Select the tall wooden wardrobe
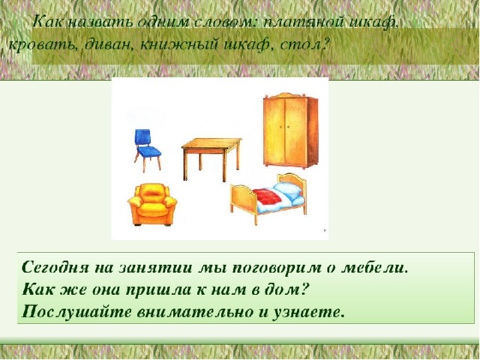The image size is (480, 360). [x=290, y=130]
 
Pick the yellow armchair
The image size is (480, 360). [x=152, y=205]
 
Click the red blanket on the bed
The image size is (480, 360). [x=267, y=196]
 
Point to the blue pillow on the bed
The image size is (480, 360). [x=287, y=190]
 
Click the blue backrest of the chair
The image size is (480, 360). [x=142, y=136]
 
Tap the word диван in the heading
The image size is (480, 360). [x=108, y=45]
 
